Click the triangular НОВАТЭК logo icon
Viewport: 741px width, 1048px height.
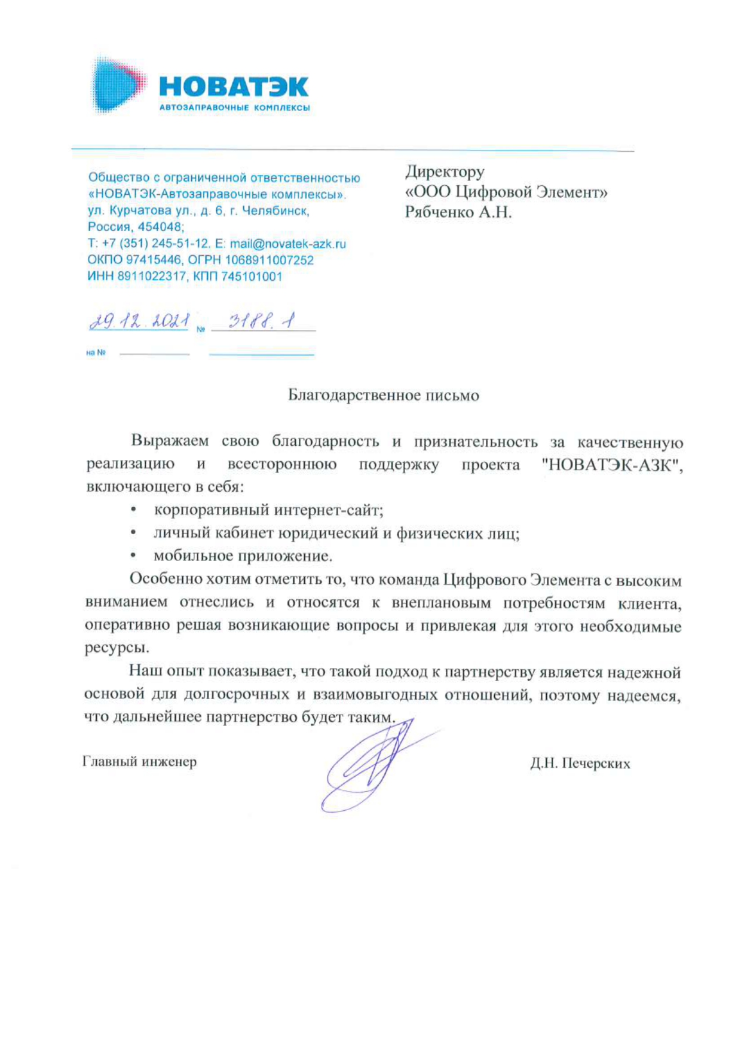(117, 85)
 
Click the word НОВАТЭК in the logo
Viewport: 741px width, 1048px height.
(234, 87)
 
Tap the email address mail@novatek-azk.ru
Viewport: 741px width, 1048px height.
(287, 244)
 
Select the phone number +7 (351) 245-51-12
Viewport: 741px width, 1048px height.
(156, 244)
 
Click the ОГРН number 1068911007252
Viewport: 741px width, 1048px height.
(269, 260)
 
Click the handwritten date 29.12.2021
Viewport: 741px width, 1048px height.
(139, 322)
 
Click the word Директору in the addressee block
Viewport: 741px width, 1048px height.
(445, 172)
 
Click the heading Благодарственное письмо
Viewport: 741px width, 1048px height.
(383, 396)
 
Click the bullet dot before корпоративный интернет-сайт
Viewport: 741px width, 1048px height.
(133, 510)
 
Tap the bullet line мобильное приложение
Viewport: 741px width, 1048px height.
(243, 556)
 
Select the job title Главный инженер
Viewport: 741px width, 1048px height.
(139, 762)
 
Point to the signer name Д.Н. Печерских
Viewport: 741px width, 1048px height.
(580, 764)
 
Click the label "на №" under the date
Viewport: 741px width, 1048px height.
(96, 353)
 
